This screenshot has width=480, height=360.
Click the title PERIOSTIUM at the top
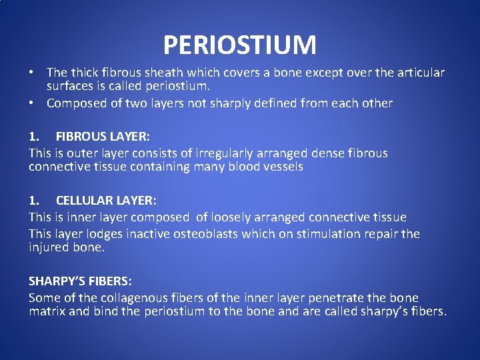coord(239,45)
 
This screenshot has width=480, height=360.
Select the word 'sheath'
coord(167,73)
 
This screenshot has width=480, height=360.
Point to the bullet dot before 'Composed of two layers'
coord(31,103)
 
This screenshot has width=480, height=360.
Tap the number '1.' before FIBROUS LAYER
coord(34,137)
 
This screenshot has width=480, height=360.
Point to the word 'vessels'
coord(284,167)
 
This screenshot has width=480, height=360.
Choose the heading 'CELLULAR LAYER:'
coord(107,201)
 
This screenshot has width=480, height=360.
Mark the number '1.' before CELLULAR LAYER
coord(34,201)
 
